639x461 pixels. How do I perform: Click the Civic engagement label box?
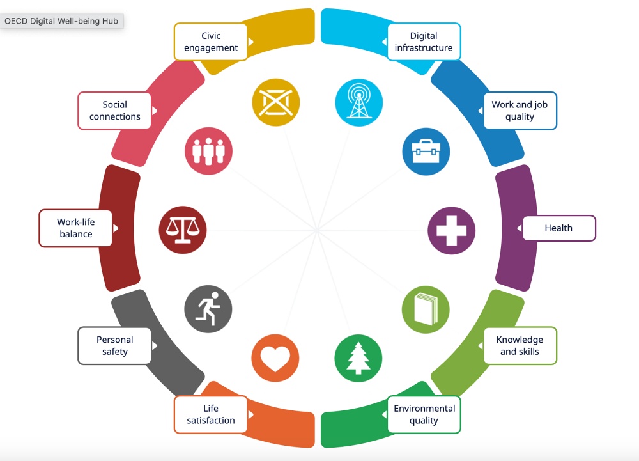[x=211, y=42]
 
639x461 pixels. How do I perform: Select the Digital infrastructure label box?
[x=424, y=42]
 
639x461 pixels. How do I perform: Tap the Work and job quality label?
[x=520, y=111]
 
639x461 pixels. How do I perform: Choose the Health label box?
[x=558, y=228]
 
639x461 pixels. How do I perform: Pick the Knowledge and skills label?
[x=520, y=346]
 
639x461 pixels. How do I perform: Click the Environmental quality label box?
[x=424, y=414]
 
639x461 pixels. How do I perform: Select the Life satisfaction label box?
[x=211, y=414]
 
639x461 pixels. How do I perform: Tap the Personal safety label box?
[x=114, y=346]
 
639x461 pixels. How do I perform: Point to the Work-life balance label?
[x=75, y=228]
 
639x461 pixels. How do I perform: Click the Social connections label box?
[x=114, y=111]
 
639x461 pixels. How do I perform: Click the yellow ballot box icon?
[x=276, y=102]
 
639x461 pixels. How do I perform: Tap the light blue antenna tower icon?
[x=359, y=102]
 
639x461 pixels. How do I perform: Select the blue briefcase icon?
[x=426, y=152]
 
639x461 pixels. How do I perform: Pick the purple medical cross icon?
[x=452, y=231]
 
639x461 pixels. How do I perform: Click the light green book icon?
[x=426, y=309]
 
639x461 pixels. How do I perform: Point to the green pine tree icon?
[x=358, y=358]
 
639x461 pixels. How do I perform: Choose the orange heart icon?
[x=275, y=358]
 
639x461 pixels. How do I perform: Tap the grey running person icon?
[x=208, y=309]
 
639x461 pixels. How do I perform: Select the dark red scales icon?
[x=183, y=230]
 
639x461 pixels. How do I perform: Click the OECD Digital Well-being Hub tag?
[x=61, y=21]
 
